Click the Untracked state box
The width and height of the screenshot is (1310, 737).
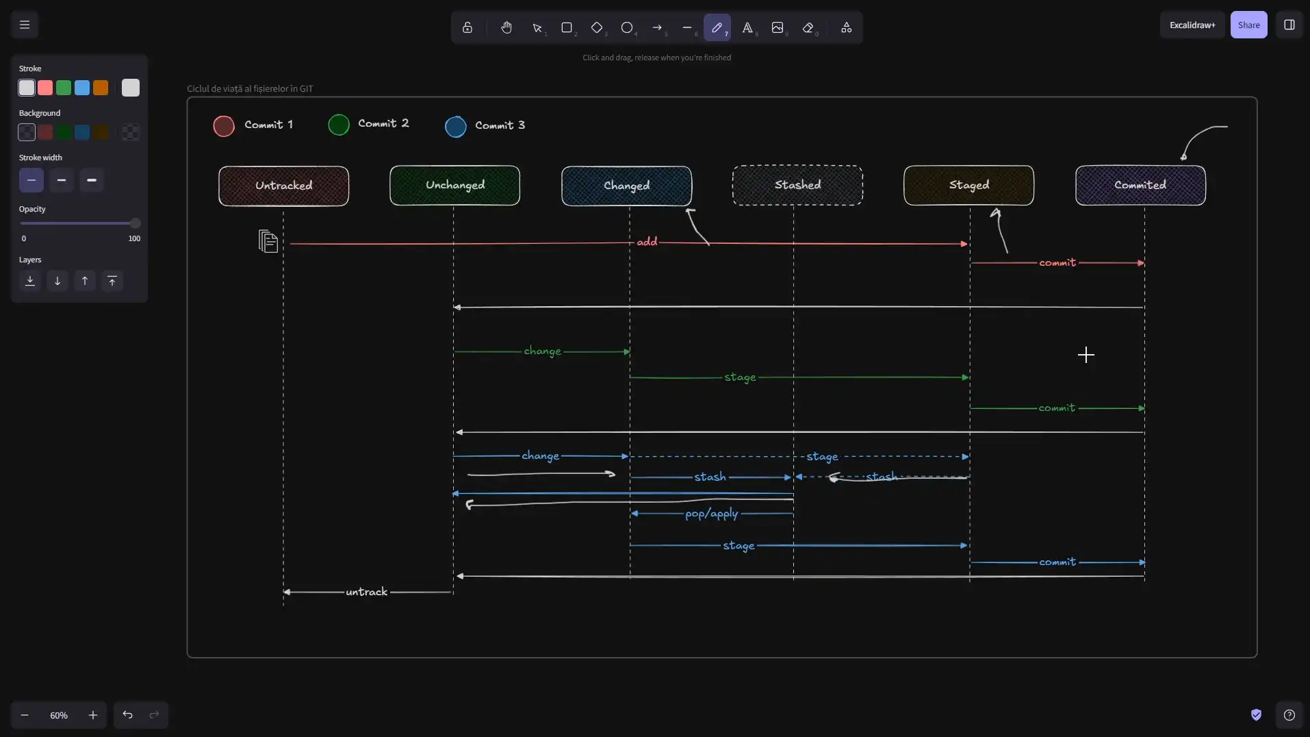click(x=283, y=186)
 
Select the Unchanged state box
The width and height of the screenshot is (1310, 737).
click(x=454, y=185)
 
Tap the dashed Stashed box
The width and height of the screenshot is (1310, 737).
click(x=797, y=185)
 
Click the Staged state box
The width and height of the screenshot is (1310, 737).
click(x=968, y=185)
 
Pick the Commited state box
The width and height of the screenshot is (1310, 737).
click(x=1140, y=185)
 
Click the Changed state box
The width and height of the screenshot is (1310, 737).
click(x=626, y=186)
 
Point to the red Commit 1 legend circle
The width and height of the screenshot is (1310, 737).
click(x=224, y=126)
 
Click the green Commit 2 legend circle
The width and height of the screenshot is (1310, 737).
click(x=339, y=125)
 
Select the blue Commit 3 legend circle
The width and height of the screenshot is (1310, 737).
click(x=456, y=127)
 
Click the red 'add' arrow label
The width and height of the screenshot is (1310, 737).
click(x=647, y=242)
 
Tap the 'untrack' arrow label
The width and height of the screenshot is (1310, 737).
click(x=367, y=592)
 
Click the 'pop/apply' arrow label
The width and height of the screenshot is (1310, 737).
click(x=712, y=514)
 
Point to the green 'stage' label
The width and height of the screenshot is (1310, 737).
click(x=740, y=377)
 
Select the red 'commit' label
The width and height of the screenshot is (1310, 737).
click(x=1057, y=262)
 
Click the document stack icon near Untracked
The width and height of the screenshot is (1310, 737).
click(x=268, y=241)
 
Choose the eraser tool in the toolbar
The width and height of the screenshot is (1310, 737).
click(x=808, y=27)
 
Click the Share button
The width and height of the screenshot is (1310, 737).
click(x=1248, y=25)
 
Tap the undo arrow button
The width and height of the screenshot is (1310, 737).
click(x=127, y=715)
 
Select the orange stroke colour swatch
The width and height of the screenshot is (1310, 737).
click(x=101, y=88)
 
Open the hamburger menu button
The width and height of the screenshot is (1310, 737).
click(x=25, y=25)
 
